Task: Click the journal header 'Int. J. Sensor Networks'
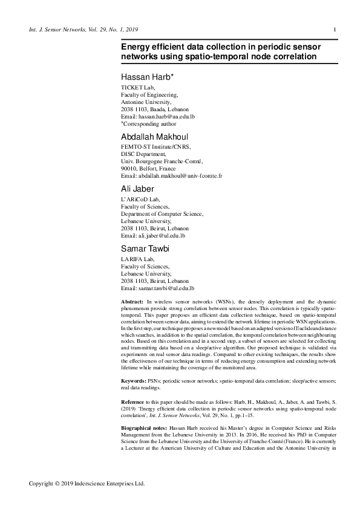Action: (x=58, y=30)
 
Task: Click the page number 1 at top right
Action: (x=335, y=30)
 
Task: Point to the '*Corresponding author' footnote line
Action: (x=149, y=123)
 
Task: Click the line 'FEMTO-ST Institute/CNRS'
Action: (x=156, y=147)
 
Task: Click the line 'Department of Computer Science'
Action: (x=162, y=214)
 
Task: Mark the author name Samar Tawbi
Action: (x=148, y=248)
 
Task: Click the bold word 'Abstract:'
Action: (x=133, y=301)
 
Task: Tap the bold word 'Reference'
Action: (x=133, y=401)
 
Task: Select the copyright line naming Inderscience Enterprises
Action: (x=87, y=484)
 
